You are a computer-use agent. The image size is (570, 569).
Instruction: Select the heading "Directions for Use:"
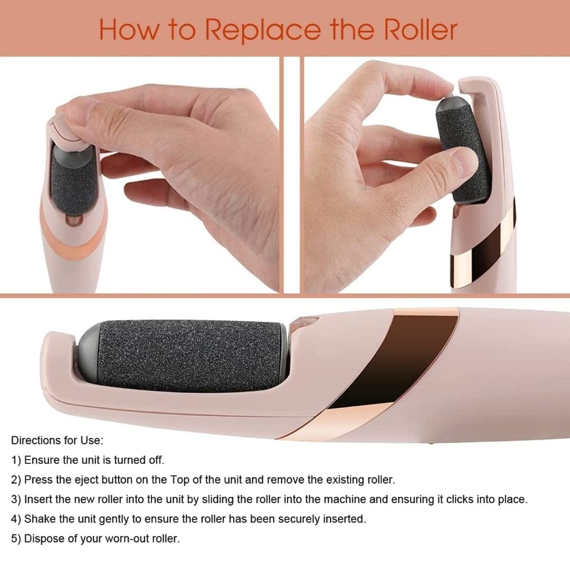pos(57,440)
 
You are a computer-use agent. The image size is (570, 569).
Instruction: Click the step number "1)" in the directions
pos(16,460)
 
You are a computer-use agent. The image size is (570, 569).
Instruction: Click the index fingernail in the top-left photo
pos(87,111)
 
